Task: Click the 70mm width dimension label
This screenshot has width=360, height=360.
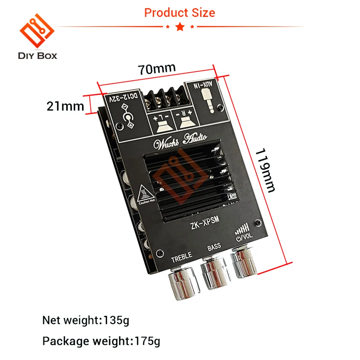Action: point(157,68)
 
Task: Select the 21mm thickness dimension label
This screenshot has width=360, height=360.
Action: point(65,106)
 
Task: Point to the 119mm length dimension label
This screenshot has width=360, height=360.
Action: point(265,170)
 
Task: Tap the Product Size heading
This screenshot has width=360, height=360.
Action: point(180,13)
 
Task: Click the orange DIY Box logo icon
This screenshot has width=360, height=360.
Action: point(37,31)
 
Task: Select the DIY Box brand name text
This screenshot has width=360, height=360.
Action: point(37,56)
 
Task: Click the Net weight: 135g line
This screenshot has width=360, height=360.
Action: point(86,320)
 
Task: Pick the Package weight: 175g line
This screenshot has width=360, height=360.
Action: point(101,341)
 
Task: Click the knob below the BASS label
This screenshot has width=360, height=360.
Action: point(215,273)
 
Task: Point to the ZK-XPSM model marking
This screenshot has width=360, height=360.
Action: point(205,223)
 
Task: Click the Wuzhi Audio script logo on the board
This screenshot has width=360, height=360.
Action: point(180,141)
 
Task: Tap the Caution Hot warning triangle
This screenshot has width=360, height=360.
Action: point(145,194)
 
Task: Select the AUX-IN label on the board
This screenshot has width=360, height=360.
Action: point(203,85)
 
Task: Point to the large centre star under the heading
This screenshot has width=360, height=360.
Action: point(180,27)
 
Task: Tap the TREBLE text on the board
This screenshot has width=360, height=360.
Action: point(181,257)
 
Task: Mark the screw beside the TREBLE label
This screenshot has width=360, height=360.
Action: point(160,253)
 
